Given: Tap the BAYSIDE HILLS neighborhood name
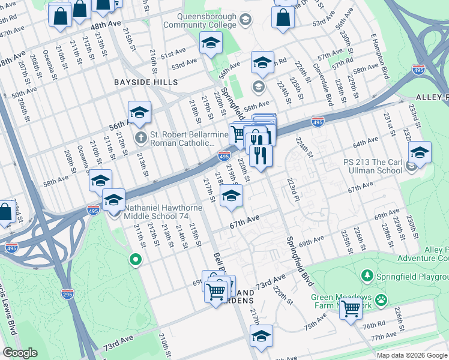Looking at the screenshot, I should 147,82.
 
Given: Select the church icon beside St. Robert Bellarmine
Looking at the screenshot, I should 140,138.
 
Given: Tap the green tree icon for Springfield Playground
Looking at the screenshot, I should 367,275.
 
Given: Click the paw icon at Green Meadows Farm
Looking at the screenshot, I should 381,298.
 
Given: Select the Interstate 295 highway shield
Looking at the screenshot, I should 68,293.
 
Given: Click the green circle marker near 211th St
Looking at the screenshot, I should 136,260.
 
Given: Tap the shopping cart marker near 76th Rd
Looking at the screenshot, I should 351,308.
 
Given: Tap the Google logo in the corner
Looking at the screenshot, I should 20,353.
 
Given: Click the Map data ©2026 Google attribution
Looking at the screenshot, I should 411,355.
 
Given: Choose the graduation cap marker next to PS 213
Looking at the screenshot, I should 420,152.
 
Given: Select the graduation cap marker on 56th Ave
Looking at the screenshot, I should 139,112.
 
